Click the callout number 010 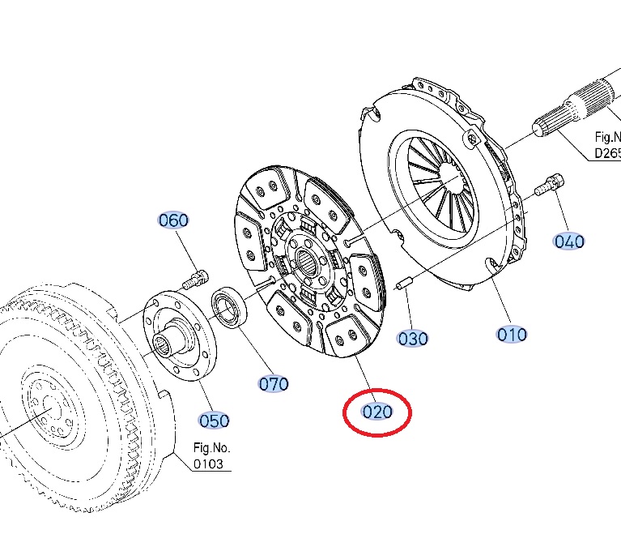[512, 334]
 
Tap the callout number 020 [377, 412]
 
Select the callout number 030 [413, 338]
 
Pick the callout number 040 [569, 241]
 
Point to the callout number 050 [215, 421]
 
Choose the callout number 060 [173, 220]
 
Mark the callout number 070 [274, 383]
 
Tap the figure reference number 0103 [209, 464]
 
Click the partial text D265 [607, 153]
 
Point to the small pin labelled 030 [406, 283]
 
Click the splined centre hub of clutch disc [308, 261]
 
